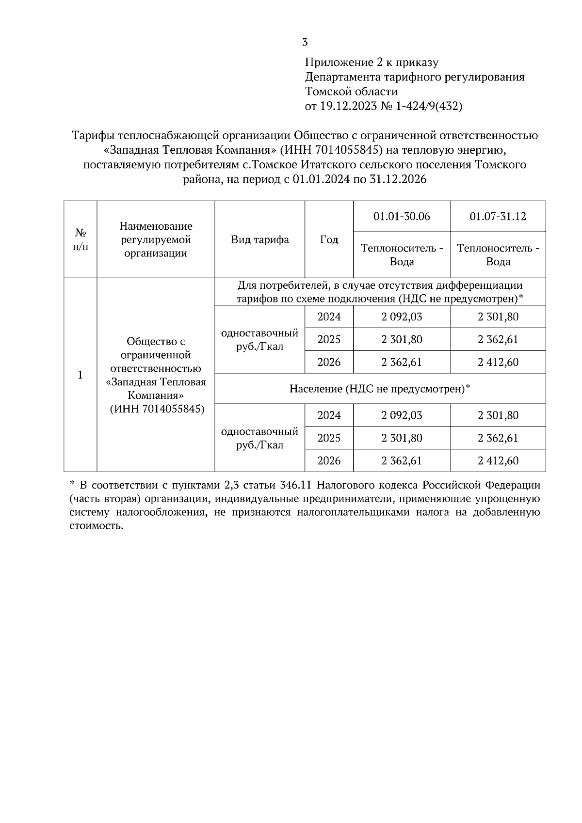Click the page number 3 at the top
click(x=305, y=43)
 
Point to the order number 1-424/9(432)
click(x=429, y=107)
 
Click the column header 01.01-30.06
click(x=402, y=216)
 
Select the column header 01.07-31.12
click(x=498, y=216)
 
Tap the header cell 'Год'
click(x=329, y=239)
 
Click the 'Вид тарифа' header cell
click(x=259, y=239)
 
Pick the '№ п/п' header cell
click(x=81, y=239)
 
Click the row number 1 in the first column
click(x=81, y=375)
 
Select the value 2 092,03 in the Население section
click(x=402, y=415)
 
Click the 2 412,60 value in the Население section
click(x=498, y=460)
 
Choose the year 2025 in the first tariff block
click(x=329, y=339)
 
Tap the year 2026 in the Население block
click(x=329, y=460)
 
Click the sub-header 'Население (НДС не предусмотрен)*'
click(x=380, y=389)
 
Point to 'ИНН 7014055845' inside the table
click(x=157, y=409)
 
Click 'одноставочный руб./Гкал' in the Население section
click(x=259, y=438)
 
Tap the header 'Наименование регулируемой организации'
click(x=156, y=239)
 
